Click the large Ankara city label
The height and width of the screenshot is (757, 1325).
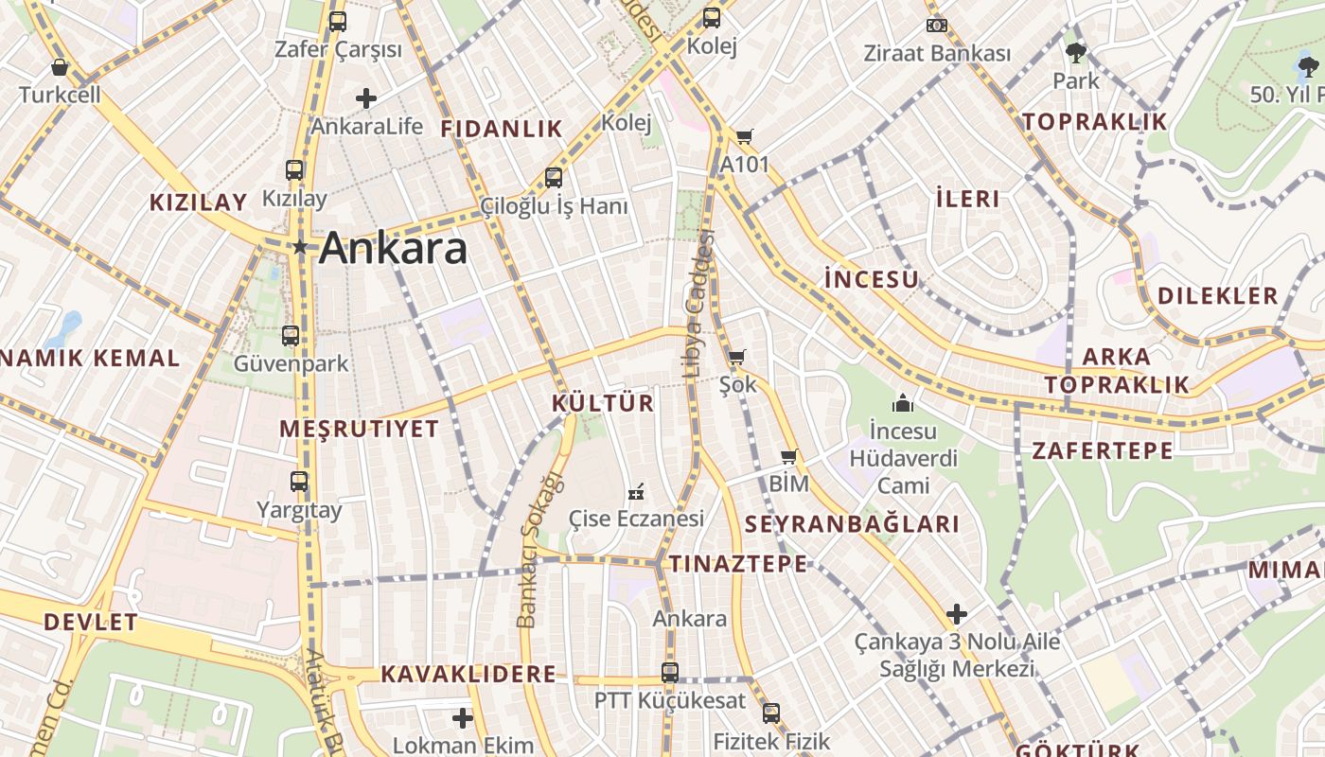[x=393, y=249]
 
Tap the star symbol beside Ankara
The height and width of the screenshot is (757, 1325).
[x=300, y=248]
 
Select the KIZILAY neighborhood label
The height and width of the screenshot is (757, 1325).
[x=199, y=202]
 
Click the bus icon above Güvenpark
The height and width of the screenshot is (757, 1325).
[x=291, y=336]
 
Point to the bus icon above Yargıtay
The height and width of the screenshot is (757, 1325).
[x=299, y=482]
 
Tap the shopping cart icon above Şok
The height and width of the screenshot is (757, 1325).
[x=736, y=358]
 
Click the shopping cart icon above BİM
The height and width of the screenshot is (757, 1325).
[x=788, y=457]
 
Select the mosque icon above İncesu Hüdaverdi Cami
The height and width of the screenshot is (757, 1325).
[x=903, y=403]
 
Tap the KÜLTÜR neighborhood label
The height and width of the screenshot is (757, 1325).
[x=603, y=403]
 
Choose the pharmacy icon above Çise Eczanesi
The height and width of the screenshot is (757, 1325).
[x=636, y=492]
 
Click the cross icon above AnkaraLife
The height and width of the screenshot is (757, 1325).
[x=366, y=97]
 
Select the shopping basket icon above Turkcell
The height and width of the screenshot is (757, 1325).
[x=60, y=67]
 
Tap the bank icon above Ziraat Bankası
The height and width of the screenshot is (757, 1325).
[x=937, y=26]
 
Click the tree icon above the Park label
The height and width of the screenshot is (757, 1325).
[x=1076, y=52]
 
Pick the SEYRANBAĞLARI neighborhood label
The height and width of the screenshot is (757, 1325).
[x=852, y=524]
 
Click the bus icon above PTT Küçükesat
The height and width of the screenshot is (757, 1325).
[x=670, y=673]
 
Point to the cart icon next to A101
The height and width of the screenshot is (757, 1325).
[x=745, y=137]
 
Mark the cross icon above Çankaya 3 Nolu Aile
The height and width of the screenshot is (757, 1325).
[x=957, y=613]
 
